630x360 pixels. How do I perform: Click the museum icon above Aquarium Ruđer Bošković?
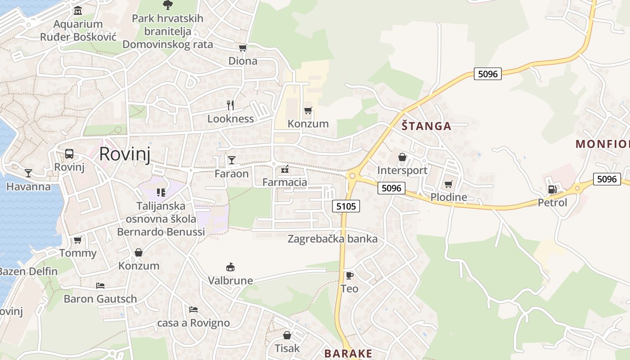pos(78,10)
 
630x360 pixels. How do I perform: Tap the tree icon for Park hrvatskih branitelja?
pos(167,5)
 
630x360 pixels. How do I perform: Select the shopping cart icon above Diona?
pos(243,48)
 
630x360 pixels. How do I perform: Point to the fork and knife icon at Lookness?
pos(230,105)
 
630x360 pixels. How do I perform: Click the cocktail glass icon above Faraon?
pos(231,160)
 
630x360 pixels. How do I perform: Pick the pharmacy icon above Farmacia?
pos(284,169)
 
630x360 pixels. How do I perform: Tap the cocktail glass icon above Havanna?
pos(28,173)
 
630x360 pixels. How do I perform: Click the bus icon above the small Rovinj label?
pos(69,154)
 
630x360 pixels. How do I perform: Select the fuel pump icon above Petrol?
pos(552,189)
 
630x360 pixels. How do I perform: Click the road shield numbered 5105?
pos(346,206)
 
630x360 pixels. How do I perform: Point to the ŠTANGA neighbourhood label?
pos(426,126)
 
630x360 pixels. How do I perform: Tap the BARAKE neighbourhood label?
pos(348,353)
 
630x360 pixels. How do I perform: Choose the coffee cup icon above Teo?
pos(349,275)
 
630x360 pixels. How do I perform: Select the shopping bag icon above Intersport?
pos(402,157)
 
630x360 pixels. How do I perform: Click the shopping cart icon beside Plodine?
pos(448,184)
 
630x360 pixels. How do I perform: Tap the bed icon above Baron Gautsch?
pos(100,286)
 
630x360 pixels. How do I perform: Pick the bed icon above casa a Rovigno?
pos(193,310)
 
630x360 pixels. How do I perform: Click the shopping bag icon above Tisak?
pos(287,335)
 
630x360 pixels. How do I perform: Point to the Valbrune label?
pos(230,281)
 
